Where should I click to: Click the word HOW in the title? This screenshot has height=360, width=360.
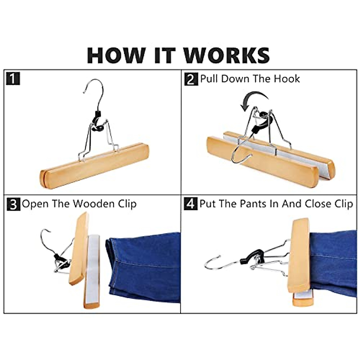point(115,55)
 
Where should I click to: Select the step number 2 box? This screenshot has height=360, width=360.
point(191,79)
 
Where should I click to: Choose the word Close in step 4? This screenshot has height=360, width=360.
point(318,204)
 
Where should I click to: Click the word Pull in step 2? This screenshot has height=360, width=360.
point(209,79)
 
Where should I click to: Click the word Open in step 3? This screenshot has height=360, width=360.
point(35,204)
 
